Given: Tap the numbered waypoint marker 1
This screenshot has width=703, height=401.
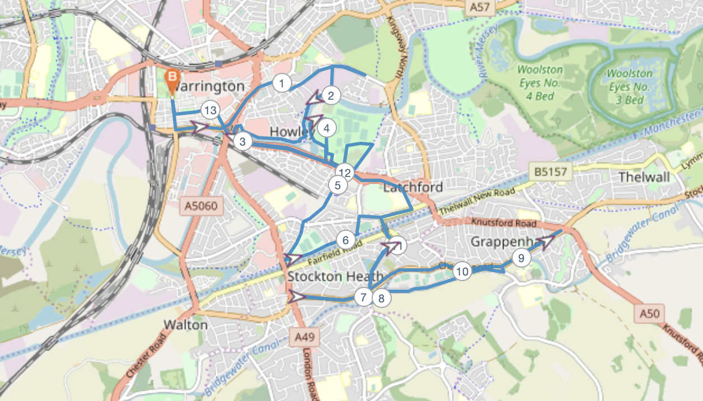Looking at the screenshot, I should click(x=282, y=83).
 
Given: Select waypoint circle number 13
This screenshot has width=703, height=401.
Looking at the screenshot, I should click(x=210, y=110).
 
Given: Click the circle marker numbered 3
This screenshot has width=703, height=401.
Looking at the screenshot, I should click(x=242, y=141).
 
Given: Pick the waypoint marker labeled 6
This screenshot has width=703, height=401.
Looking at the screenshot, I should click(x=345, y=241).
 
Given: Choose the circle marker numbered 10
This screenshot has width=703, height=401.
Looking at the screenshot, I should click(x=462, y=272).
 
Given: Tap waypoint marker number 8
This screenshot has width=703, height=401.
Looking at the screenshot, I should click(x=381, y=298).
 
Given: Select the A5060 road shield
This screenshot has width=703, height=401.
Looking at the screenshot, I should click(x=203, y=206).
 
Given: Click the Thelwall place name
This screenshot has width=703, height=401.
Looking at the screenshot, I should click(x=644, y=178).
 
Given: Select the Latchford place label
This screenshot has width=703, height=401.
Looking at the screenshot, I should click(x=413, y=187).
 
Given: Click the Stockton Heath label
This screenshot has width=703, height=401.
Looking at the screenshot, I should click(x=335, y=276).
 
